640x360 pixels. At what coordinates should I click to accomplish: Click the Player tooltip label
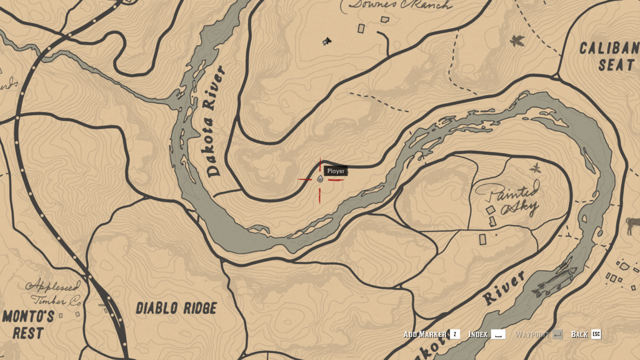point(336,171)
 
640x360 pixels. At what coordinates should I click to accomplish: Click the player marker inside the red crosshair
point(320,179)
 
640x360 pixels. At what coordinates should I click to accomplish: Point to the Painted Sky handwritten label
point(509,200)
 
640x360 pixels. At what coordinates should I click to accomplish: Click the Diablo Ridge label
point(176,309)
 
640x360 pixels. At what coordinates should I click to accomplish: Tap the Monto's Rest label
point(28,325)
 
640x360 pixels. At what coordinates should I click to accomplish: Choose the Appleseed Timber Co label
point(53,293)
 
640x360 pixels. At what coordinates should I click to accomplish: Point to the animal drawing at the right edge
point(633,226)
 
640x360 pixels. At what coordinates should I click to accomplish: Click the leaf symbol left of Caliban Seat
point(517,41)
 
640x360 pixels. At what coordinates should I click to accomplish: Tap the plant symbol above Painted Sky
point(535,168)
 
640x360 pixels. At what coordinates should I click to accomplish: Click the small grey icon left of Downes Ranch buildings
point(327,41)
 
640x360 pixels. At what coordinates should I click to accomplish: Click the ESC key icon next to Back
point(596,334)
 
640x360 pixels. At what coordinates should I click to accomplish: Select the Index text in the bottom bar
point(478,334)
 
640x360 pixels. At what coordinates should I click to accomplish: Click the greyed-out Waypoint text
point(532,335)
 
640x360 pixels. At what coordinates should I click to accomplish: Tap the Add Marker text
point(425,334)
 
